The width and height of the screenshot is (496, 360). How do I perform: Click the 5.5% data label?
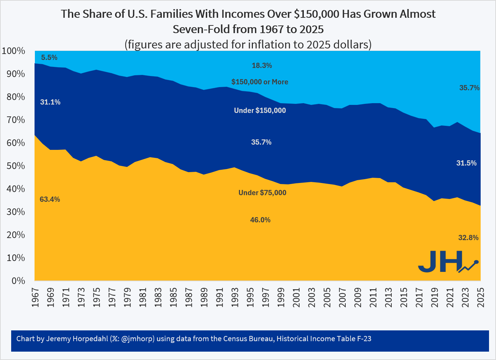(49, 58)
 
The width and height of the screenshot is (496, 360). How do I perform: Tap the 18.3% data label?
(262, 66)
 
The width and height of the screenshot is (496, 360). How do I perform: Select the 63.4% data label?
(50, 199)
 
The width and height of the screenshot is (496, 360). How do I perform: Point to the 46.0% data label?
(260, 220)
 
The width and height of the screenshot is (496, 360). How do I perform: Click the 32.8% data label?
(468, 238)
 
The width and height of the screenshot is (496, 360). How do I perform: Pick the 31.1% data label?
(50, 102)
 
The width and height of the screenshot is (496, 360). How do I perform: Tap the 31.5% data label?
(466, 163)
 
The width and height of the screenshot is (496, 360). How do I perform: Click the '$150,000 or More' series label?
(260, 82)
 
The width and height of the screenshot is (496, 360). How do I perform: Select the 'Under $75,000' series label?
(262, 193)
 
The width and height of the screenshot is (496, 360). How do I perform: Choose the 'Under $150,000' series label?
(260, 110)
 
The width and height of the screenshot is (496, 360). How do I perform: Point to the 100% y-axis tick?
(13, 51)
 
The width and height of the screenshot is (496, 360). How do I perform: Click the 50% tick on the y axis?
(16, 166)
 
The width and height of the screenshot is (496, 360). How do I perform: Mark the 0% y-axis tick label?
(18, 281)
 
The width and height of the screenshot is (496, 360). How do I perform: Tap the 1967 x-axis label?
(35, 297)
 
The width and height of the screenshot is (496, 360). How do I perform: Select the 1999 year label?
(281, 297)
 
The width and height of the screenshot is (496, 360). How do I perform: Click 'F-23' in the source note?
(364, 339)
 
